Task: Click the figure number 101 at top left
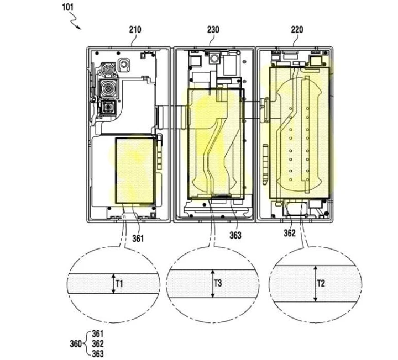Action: tap(65, 8)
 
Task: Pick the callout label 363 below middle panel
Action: tap(236, 234)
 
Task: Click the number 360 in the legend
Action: tap(75, 343)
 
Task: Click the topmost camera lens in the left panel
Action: tap(107, 71)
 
